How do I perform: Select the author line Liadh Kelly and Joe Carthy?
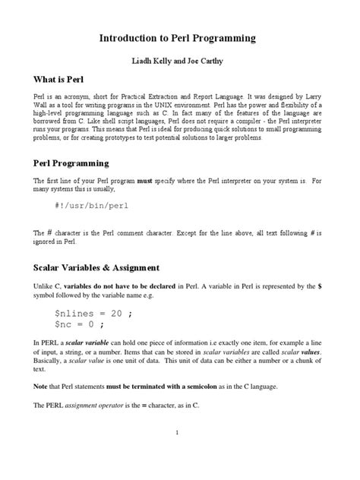coord(179,60)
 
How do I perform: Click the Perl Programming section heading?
coord(71,163)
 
